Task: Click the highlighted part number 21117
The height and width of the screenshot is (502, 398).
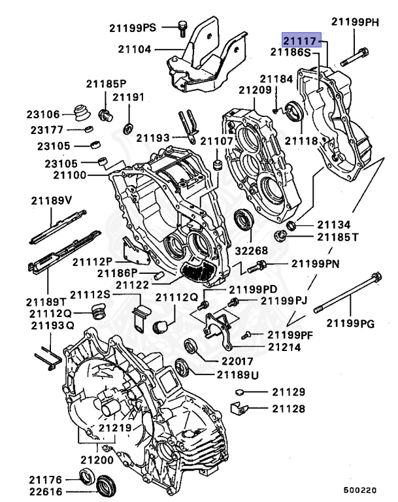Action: click(301, 41)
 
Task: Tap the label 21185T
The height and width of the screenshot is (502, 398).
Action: click(337, 237)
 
